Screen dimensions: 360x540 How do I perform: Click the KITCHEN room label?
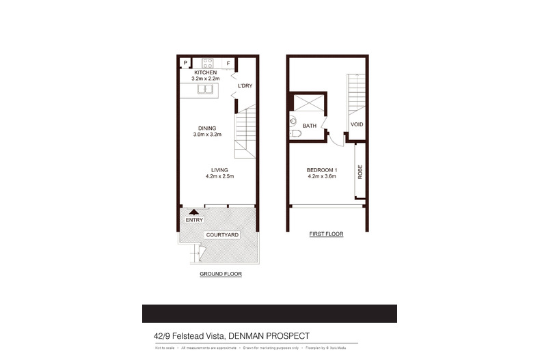coord(206,72)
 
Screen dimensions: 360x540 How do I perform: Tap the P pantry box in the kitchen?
coord(185,64)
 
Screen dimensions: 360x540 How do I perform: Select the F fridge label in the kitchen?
coord(228,64)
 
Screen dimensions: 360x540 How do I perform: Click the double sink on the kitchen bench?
coord(206,89)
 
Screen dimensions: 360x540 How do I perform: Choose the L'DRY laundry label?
coord(245,86)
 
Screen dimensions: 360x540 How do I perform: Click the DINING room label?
coord(207,128)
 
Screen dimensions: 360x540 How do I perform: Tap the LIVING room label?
coord(219,170)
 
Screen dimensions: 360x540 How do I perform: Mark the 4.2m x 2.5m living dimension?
coord(219,177)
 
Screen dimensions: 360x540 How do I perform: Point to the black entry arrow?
coord(193,213)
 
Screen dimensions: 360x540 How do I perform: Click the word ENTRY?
coord(194,220)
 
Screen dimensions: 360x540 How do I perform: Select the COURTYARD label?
coord(221,235)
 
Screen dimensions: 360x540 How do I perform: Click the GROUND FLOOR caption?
coord(221,274)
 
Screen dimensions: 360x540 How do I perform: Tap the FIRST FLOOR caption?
coord(326,234)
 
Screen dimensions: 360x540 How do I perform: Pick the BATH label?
coord(310,125)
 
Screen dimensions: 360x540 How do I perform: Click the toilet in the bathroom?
coord(295,124)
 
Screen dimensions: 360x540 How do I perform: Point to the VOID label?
coord(356,124)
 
